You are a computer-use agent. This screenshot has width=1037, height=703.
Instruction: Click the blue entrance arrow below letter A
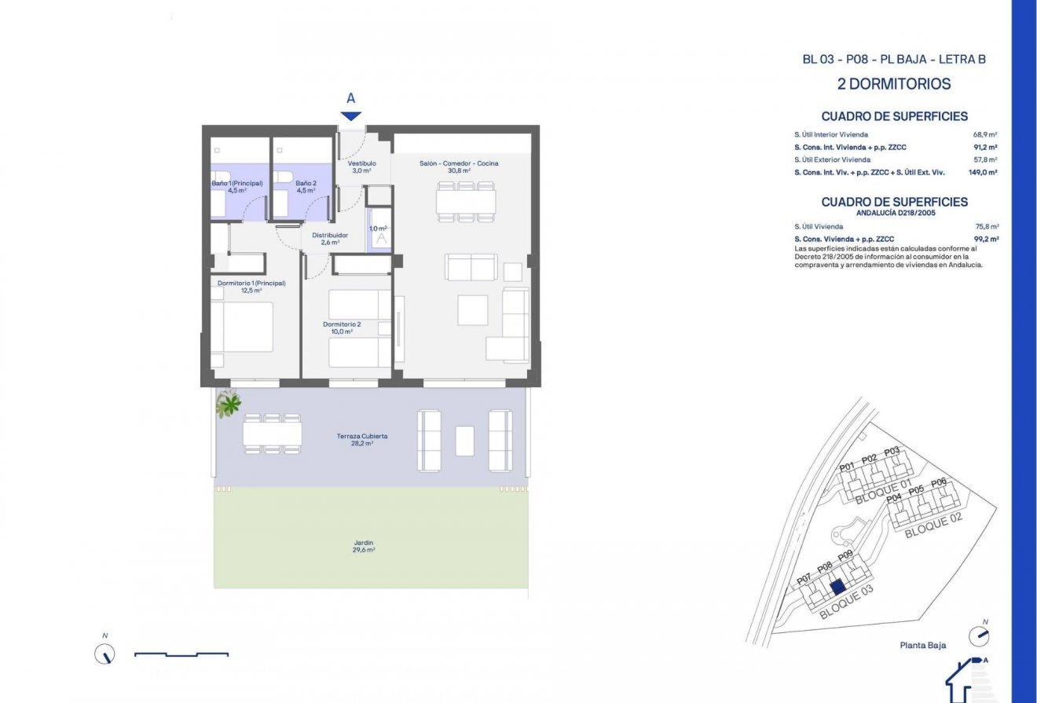(350, 116)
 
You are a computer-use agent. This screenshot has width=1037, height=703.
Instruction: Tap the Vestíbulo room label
(361, 167)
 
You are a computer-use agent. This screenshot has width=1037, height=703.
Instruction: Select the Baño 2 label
(306, 186)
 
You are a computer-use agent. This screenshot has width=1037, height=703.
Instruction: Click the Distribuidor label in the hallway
(330, 239)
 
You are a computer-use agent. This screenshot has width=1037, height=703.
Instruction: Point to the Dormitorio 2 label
(342, 328)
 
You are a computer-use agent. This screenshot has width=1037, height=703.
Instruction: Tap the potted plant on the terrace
(229, 404)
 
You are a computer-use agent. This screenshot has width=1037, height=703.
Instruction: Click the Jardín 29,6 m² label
(363, 546)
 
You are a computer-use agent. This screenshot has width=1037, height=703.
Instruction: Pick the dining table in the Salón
(466, 202)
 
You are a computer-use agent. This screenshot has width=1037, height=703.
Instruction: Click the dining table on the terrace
(272, 434)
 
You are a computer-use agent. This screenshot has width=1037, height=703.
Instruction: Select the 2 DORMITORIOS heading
(894, 84)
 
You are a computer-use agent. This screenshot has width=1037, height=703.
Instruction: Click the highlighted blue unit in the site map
(837, 586)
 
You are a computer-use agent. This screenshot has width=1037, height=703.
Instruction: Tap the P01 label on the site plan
(846, 467)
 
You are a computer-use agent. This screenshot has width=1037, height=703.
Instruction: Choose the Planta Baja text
(923, 646)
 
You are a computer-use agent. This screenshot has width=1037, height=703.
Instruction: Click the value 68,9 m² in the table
(985, 134)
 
